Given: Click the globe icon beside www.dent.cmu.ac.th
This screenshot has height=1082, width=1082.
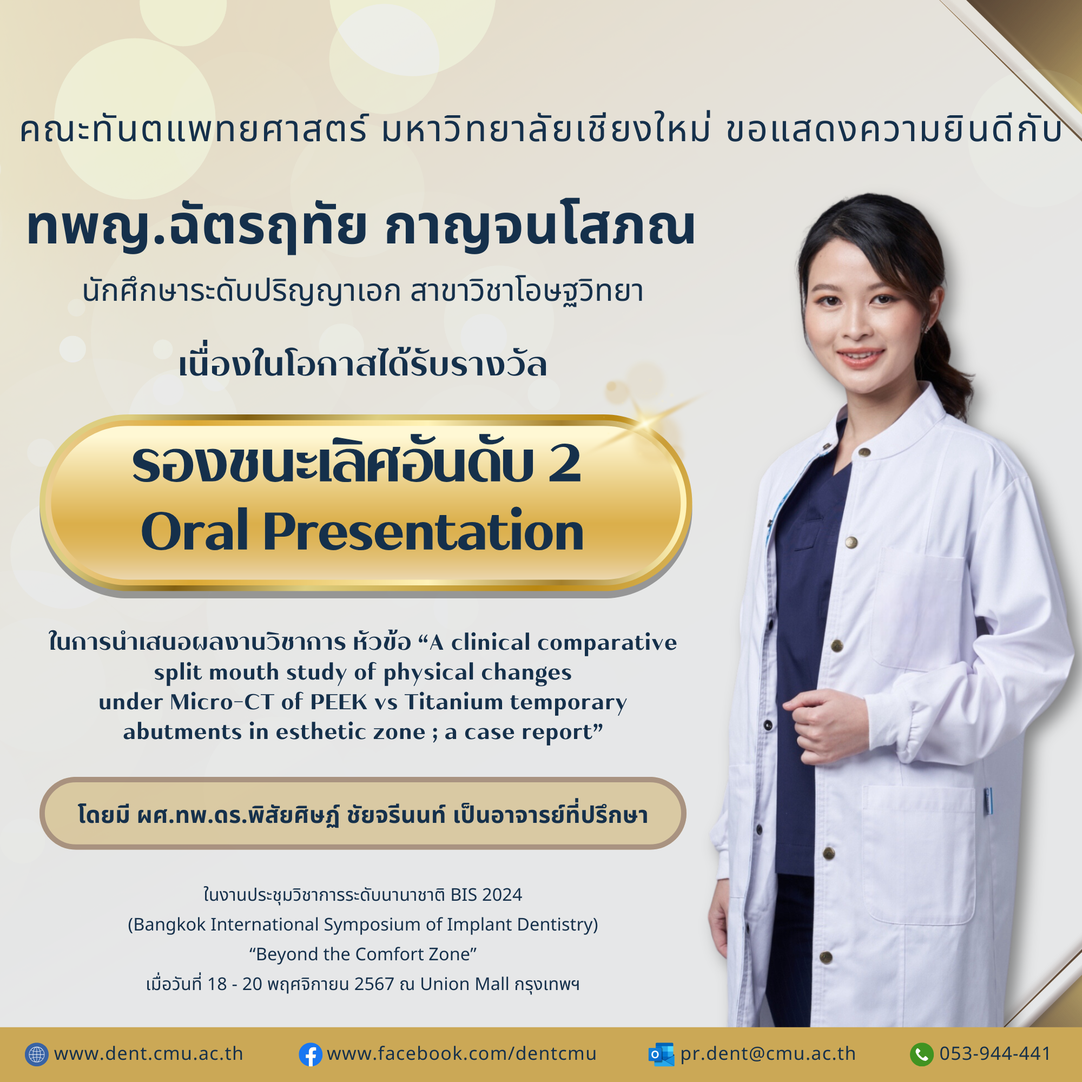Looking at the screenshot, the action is pos(37,1054).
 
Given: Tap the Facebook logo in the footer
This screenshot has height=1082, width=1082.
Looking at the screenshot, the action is pos(310,1054).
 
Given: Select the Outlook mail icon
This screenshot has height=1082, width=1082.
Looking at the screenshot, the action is pos(661,1054).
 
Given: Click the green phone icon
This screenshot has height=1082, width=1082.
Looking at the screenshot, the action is pos(922,1054).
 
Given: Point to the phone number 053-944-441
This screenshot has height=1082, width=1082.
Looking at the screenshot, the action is pos(995,1053).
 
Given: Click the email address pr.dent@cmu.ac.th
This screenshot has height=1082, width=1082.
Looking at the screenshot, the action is pos(768,1054).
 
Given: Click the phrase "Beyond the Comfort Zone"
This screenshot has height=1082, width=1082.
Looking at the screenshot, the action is pos(363,954).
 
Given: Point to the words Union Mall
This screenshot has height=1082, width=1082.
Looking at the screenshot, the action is pos(464,984).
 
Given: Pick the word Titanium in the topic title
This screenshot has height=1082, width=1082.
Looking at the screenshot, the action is pos(454,702).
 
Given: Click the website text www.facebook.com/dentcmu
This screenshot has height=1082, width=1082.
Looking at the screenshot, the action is pos(461,1053).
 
